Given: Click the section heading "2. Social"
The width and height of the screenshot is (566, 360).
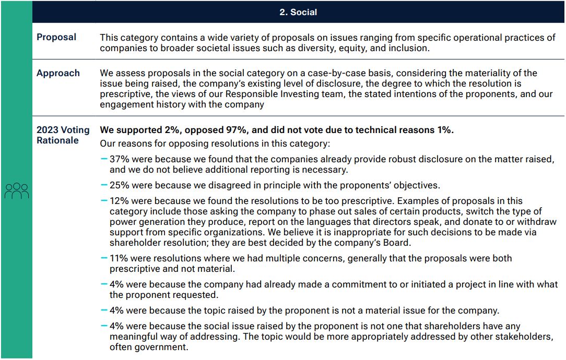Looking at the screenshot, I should click(298, 12).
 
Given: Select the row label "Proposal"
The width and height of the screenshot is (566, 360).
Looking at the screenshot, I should click(56, 37).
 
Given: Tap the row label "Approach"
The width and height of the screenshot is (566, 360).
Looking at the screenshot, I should click(58, 73).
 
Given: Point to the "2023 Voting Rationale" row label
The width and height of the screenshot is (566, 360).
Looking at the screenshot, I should click(63, 135).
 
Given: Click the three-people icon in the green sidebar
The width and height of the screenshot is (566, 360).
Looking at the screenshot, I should click(17, 191).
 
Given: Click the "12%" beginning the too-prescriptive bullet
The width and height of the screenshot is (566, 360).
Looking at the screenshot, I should click(118, 201).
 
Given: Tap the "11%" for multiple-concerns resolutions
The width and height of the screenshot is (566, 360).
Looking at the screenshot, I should click(118, 258).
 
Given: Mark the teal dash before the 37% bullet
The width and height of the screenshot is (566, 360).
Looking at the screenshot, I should click(104, 159).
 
